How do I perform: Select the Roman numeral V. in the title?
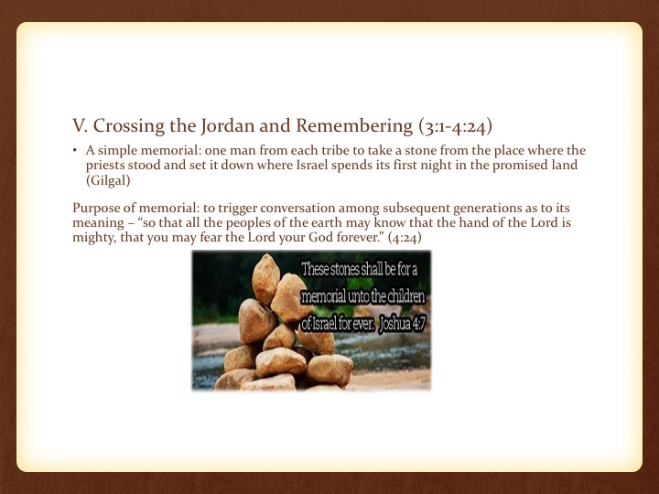pyautogui.click(x=80, y=126)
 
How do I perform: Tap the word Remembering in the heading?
pyautogui.click(x=354, y=126)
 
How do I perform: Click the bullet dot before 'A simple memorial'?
pyautogui.click(x=74, y=150)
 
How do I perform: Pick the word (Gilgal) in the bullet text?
pyautogui.click(x=108, y=180)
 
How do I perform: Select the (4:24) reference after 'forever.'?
pyautogui.click(x=405, y=238)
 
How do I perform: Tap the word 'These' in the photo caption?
pyautogui.click(x=315, y=269)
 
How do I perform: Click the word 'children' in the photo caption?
pyautogui.click(x=405, y=296)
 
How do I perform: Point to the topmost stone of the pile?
pyautogui.click(x=265, y=278)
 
